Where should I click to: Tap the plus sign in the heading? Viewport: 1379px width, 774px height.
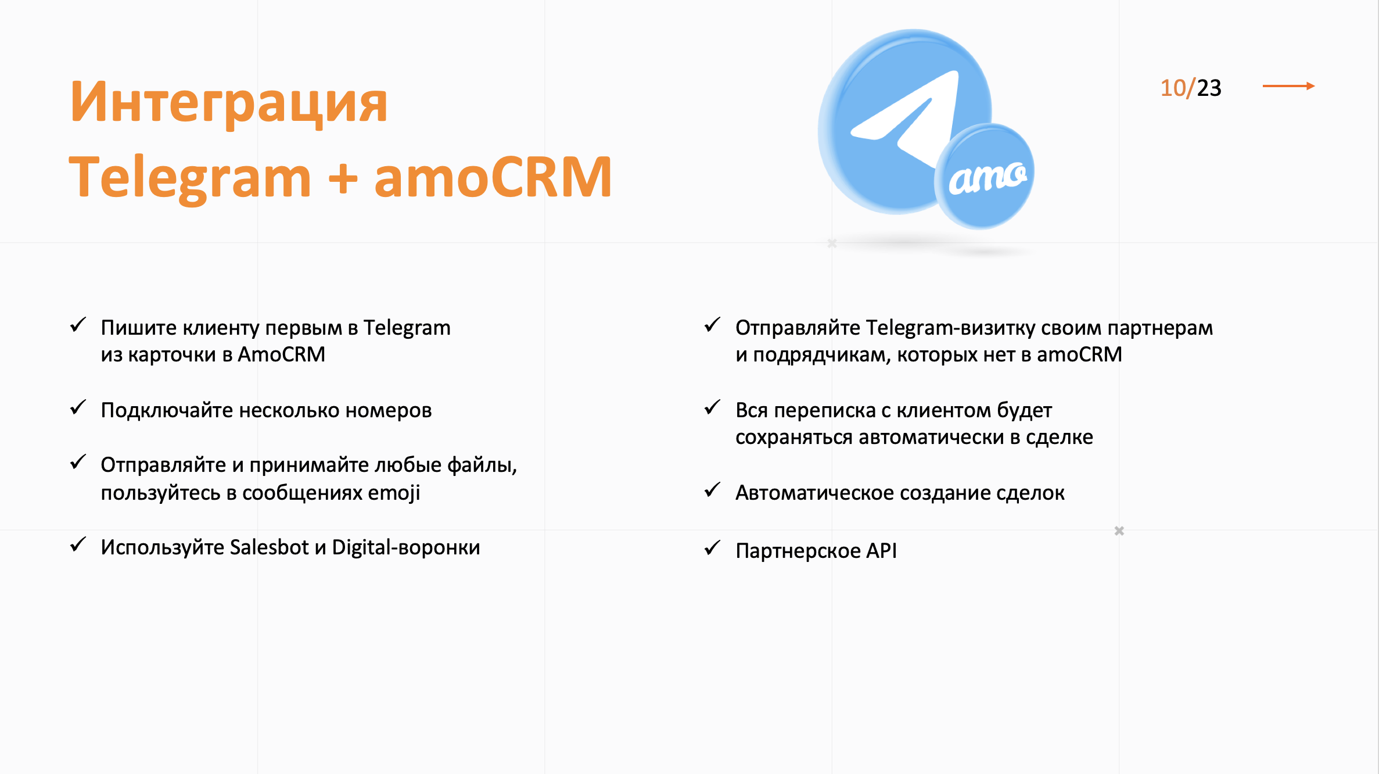(x=343, y=177)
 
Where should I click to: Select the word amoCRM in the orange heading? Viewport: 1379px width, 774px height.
(x=493, y=177)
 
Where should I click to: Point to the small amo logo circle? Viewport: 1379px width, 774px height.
(x=985, y=176)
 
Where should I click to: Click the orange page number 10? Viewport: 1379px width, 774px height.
(x=1173, y=88)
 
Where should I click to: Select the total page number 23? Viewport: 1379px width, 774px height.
(x=1209, y=88)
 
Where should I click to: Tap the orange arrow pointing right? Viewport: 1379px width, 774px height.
(x=1288, y=86)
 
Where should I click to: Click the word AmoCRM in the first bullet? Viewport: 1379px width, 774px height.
(x=282, y=354)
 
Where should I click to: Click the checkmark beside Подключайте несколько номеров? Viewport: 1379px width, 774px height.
(x=78, y=407)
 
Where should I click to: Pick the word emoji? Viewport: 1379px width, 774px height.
(x=394, y=493)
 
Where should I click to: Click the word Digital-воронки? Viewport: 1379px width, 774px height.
(x=406, y=547)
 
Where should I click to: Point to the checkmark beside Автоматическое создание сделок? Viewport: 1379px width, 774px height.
(x=713, y=490)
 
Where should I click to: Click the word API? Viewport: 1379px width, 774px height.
(x=882, y=551)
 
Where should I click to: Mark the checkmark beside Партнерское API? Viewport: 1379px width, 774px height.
(x=713, y=548)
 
